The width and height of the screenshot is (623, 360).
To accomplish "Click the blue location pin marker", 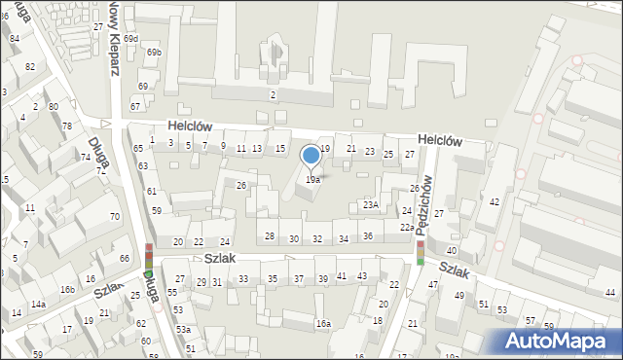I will [311, 156].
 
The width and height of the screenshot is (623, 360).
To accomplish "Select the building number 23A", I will [371, 204].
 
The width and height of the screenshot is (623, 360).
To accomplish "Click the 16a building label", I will [322, 323].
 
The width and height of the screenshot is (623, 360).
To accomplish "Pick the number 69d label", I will [130, 38].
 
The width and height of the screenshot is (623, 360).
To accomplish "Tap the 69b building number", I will [154, 52].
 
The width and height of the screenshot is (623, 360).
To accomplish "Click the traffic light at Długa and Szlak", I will [149, 257].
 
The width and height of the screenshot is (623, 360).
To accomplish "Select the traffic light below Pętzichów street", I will [421, 252].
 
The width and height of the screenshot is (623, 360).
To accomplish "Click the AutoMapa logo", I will [557, 341].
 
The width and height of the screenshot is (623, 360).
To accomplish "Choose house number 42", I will [495, 201].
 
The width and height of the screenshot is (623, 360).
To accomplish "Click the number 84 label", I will [15, 38].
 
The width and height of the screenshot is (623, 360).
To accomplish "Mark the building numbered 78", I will [66, 126].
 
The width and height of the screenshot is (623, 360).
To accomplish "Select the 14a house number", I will [38, 305].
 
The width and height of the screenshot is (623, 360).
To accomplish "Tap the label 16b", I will [67, 290].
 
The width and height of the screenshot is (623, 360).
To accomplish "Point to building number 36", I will [368, 236].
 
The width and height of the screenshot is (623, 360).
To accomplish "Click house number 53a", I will [183, 330].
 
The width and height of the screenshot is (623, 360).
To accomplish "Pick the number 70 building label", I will [115, 216].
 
